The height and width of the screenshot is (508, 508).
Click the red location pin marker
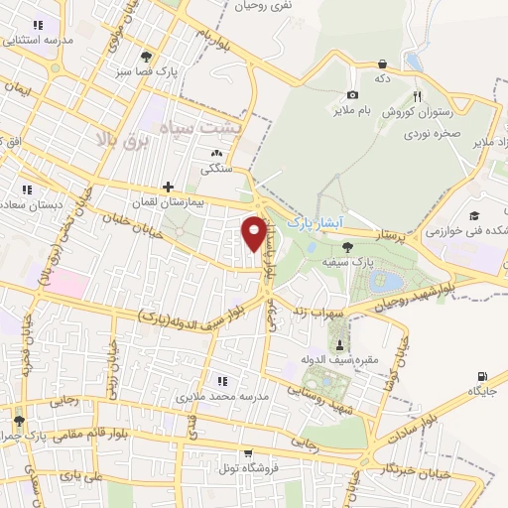click(255, 233)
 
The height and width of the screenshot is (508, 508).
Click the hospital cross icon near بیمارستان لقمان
click(168, 187)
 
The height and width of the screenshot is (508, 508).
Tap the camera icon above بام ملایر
click(353, 65)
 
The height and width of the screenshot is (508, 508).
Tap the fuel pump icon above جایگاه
click(482, 377)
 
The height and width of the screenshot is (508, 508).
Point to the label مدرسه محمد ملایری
click(223, 396)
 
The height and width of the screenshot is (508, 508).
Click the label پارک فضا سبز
click(136, 71)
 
